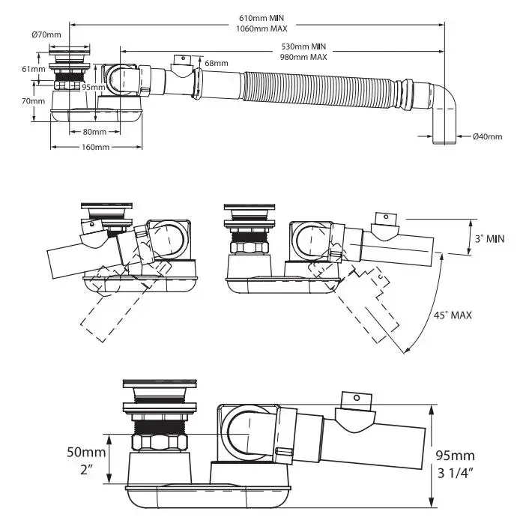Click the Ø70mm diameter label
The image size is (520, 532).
[x=46, y=34]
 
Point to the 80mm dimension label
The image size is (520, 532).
[x=94, y=132]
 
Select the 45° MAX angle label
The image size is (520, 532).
[x=452, y=315]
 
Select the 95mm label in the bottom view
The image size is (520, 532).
[x=455, y=454]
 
